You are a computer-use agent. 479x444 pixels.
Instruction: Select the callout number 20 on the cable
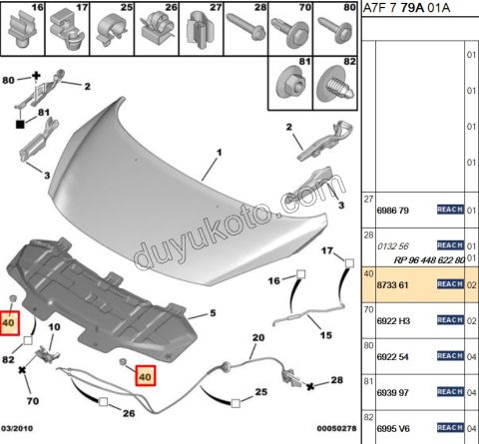point(257,339)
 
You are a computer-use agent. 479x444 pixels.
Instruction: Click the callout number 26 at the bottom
point(129,413)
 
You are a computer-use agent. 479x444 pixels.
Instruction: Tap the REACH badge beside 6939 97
point(451,392)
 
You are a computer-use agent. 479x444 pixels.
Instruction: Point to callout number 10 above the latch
point(56,326)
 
